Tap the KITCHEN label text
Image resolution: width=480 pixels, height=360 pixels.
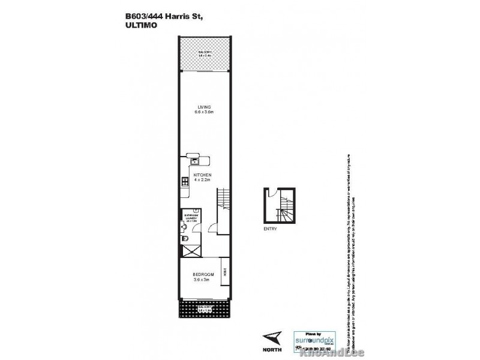pyautogui.click(x=202, y=175)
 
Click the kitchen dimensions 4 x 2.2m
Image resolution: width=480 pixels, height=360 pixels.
pyautogui.click(x=202, y=180)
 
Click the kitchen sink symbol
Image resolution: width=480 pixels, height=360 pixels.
pyautogui.click(x=194, y=159)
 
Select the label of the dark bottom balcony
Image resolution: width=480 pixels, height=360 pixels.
pyautogui.click(x=206, y=308)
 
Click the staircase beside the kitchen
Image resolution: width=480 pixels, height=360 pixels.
pyautogui.click(x=223, y=198)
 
